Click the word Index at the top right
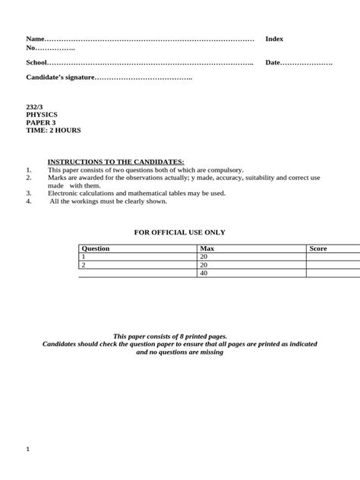point(273,39)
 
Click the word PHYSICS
point(42,115)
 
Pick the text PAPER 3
point(40,122)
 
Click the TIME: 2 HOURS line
point(53,130)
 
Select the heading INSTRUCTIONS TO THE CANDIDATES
point(116,162)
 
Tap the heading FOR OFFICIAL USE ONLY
point(180,232)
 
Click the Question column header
point(96,248)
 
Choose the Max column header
point(206,248)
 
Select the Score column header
point(317,248)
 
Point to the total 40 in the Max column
point(204,273)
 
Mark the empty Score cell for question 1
point(333,257)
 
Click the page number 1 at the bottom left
point(28,449)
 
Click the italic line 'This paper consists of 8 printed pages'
point(180,336)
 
